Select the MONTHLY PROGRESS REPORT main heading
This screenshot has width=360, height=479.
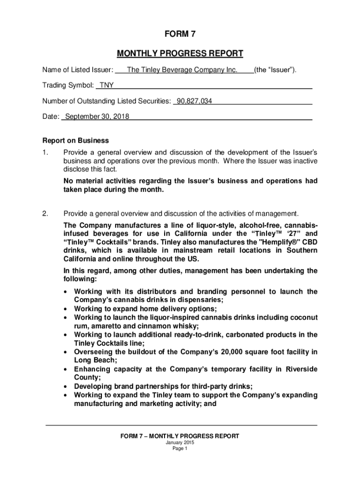coord(180,54)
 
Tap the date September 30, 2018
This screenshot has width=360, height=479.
coord(97,116)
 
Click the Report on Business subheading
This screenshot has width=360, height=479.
coord(75,140)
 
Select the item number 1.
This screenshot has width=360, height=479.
coord(45,152)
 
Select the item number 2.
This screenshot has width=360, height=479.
coord(45,214)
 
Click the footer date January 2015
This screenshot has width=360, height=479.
coord(180,443)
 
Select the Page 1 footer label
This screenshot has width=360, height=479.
coord(180,449)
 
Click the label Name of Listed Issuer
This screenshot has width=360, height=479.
coord(77,70)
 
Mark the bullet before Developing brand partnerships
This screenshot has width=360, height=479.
coord(66,386)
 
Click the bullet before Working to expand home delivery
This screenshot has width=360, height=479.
coord(66,309)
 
